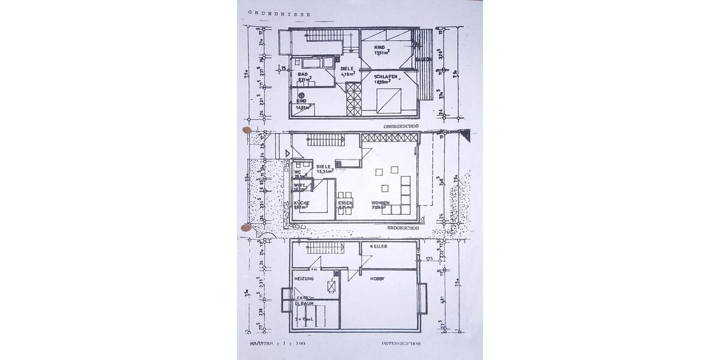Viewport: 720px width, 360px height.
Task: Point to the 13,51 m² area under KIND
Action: tap(382, 53)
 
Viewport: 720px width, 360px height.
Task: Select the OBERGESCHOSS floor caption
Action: tap(400, 127)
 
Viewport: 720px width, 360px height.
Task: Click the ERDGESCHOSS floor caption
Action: tap(400, 228)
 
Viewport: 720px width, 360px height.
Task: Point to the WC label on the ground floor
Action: tap(297, 172)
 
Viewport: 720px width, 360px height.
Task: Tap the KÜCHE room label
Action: tap(302, 203)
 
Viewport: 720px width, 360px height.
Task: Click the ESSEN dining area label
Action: tap(345, 203)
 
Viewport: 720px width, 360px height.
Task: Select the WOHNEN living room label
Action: tap(380, 203)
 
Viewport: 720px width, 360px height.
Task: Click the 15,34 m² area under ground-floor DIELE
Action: tap(325, 171)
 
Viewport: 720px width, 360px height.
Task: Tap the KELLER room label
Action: tap(379, 247)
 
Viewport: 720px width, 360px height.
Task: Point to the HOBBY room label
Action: tap(377, 279)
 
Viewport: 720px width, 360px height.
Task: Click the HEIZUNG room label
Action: tap(304, 279)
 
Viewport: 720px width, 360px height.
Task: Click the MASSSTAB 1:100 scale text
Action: tap(277, 344)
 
